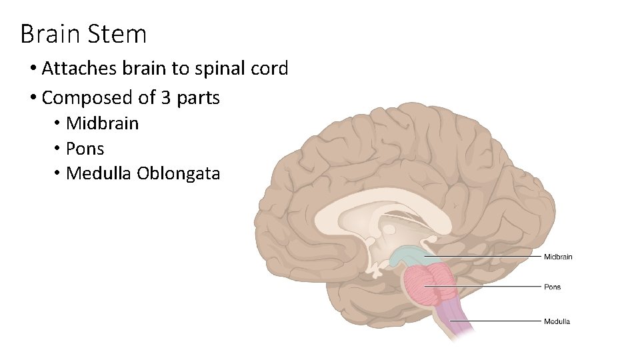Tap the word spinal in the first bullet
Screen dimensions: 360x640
(x=219, y=69)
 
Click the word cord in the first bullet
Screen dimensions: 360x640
(x=271, y=69)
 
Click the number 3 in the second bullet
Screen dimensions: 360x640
(x=166, y=98)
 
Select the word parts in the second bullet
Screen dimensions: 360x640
(x=198, y=98)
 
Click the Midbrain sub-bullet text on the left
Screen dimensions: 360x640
(x=103, y=123)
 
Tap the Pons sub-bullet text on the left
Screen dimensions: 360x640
(x=85, y=149)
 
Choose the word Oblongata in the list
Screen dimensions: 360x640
(x=178, y=174)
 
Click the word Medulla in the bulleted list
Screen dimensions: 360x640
(x=99, y=174)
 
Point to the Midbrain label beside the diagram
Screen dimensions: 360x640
(x=557, y=257)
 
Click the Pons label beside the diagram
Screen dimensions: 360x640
(x=552, y=287)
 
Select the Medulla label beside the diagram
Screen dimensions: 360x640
(x=557, y=321)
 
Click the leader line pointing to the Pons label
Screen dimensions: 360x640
(x=493, y=287)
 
